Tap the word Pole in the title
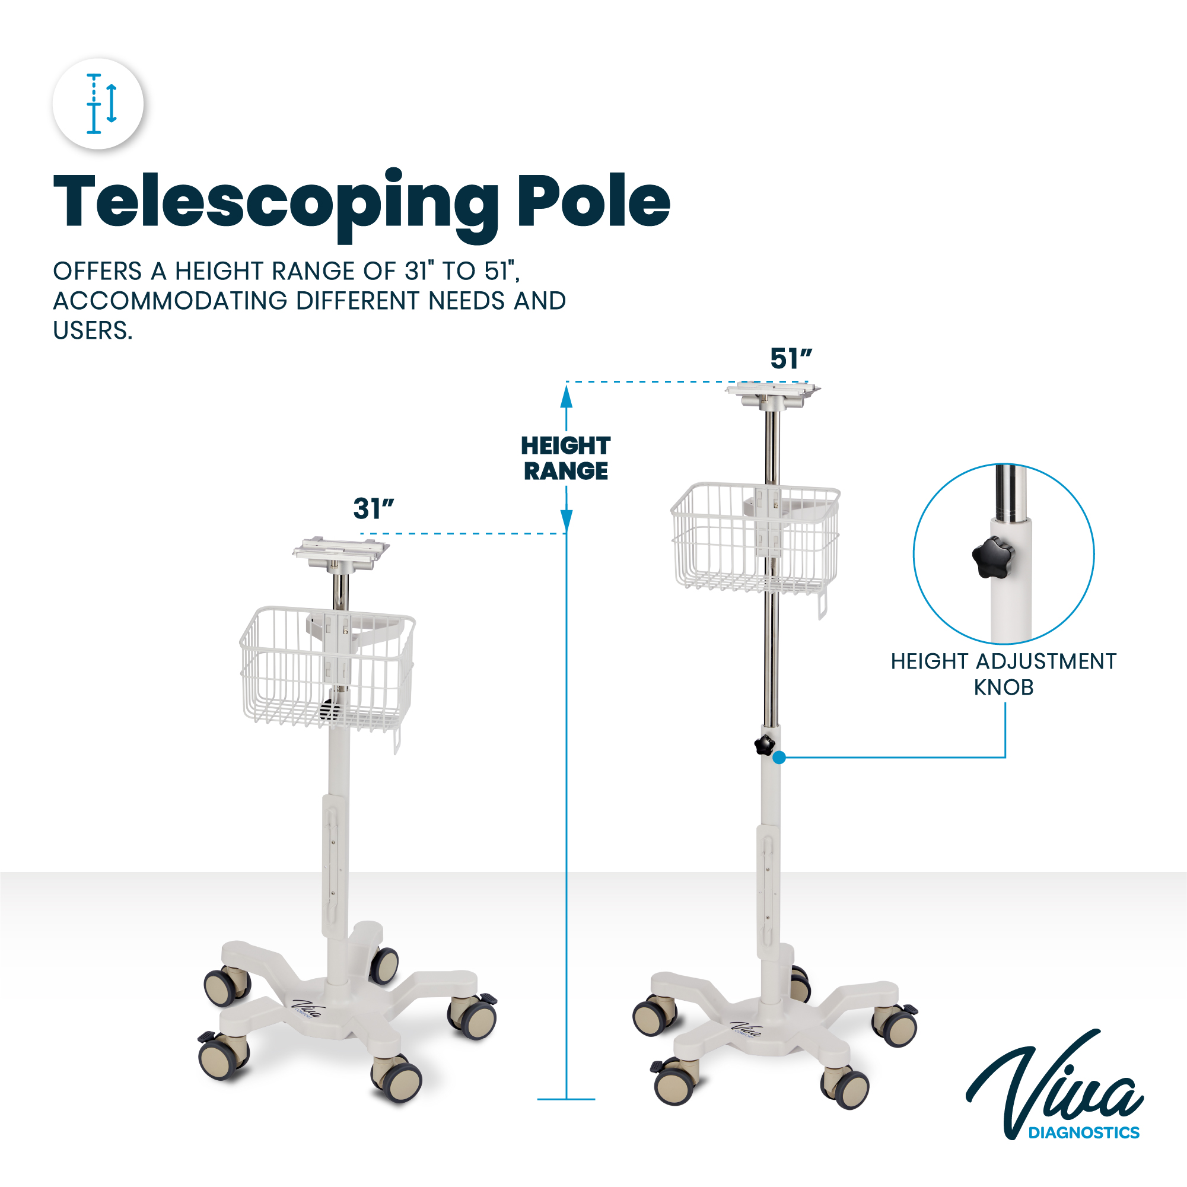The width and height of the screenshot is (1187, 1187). (593, 201)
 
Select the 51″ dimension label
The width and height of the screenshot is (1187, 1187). (791, 359)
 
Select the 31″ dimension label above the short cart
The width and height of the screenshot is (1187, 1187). (374, 509)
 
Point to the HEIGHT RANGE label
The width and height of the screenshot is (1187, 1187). (566, 459)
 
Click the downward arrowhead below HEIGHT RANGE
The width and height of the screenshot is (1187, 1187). (567, 521)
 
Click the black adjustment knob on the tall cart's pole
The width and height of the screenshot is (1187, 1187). (764, 745)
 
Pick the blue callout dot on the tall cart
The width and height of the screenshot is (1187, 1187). (779, 758)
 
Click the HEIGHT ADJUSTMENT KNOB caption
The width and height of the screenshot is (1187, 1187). (1003, 674)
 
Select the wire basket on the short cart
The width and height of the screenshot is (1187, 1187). (327, 670)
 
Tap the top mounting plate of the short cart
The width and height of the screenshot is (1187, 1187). (340, 554)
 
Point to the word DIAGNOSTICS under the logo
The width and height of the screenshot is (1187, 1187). (1084, 1132)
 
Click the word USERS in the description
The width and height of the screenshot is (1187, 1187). (92, 330)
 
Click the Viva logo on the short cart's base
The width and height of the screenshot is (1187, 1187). (306, 1008)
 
